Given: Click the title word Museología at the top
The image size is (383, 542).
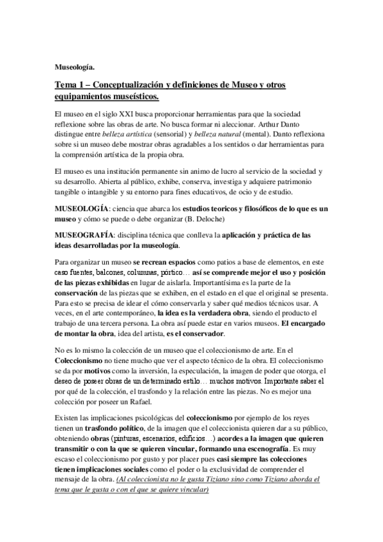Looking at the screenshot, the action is [75, 66].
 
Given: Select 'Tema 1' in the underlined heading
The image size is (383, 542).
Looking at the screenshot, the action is [70, 84].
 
